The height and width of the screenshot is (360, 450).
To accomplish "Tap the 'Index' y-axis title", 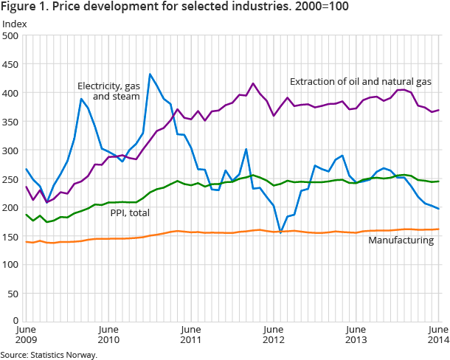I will [15, 24].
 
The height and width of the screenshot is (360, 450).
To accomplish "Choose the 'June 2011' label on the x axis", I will [191, 334].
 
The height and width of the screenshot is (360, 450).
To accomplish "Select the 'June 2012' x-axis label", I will [274, 334].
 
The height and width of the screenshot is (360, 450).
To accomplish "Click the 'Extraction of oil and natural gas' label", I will [360, 81].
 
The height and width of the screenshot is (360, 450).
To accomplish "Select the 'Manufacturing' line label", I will [401, 240].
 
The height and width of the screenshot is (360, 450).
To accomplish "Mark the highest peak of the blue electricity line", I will [150, 74].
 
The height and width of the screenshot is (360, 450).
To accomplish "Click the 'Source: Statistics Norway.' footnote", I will [49, 354].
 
